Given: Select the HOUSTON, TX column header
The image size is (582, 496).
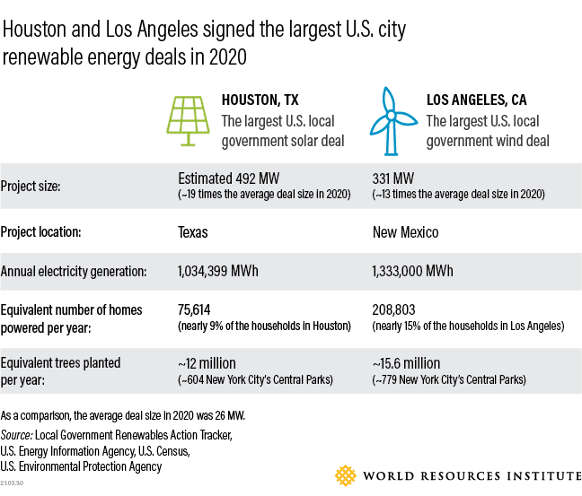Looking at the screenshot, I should coord(260,100).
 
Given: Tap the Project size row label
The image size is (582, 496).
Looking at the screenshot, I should coord(31,187).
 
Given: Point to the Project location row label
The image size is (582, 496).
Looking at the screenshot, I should coord(42,232).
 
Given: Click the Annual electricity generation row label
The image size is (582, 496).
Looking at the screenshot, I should coord(74,271).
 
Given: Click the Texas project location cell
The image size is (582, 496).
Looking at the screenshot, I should coord(193,232).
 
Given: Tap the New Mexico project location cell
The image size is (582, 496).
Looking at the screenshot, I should coord(406,232).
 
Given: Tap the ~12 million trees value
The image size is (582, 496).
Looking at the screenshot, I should coord(207,363).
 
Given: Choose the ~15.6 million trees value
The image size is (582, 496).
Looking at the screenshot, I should coord(406,363).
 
